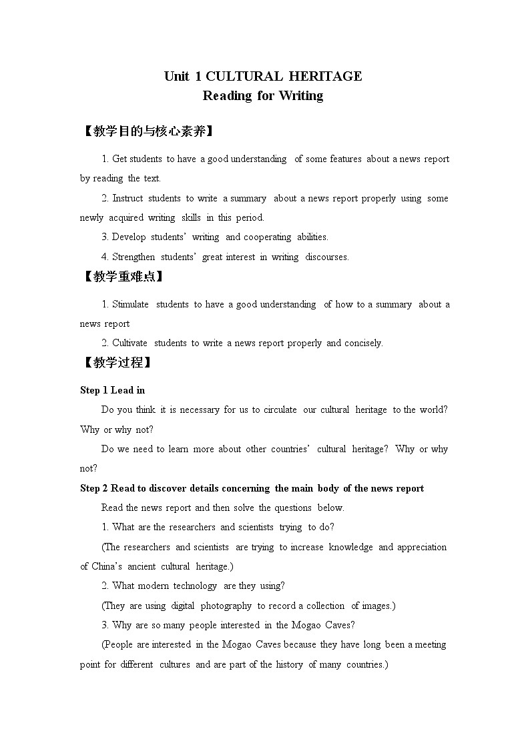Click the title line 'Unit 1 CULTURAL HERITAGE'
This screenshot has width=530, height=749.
(263, 76)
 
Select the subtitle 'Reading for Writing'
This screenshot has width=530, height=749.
(263, 95)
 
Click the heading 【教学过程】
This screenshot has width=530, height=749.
(116, 363)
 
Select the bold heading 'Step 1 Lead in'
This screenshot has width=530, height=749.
(112, 390)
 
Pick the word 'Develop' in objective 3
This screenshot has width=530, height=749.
(129, 237)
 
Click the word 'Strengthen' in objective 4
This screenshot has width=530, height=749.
(134, 257)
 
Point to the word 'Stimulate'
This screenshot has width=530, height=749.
(131, 304)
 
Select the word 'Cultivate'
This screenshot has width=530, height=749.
(130, 343)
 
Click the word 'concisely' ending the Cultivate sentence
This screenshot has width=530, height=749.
(362, 343)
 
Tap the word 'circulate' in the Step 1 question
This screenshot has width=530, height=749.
(280, 410)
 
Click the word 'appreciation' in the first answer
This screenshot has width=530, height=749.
(422, 547)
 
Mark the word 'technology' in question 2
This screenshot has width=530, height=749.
(195, 586)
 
